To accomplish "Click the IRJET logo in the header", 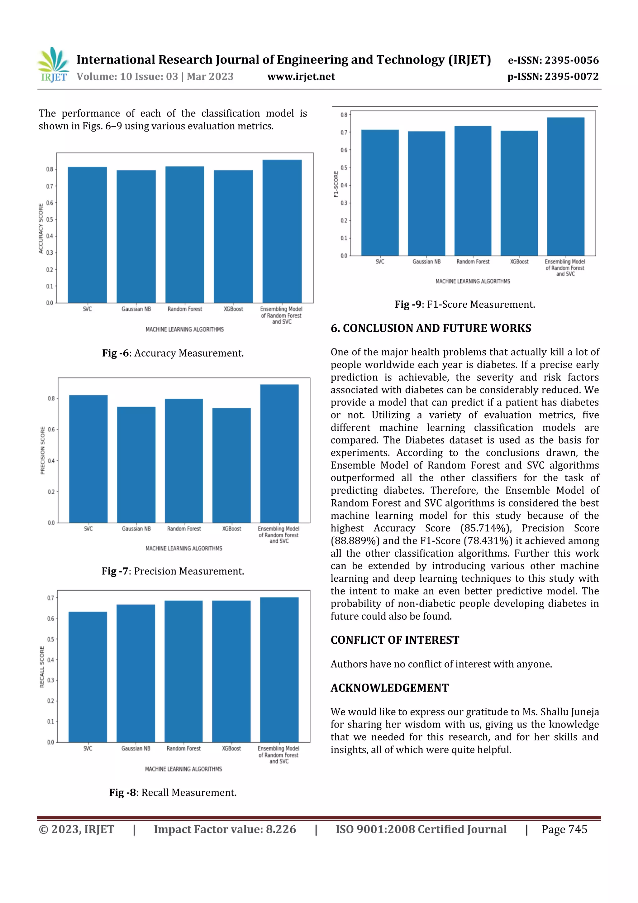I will click(53, 65).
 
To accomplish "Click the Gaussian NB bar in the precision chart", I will click(136, 464).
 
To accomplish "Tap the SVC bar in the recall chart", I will click(88, 676).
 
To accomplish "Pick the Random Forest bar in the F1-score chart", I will click(473, 191).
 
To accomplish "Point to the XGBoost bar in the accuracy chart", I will click(233, 236).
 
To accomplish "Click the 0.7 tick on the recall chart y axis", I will click(51, 598).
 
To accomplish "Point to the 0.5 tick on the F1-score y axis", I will click(344, 168).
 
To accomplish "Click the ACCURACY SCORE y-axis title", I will click(40, 228).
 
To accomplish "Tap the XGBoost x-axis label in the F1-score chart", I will click(519, 262).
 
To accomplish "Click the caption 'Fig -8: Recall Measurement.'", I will click(173, 792).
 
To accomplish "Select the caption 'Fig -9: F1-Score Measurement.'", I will click(465, 305).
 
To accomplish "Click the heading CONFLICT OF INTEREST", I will click(395, 640).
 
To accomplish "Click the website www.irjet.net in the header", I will click(301, 76).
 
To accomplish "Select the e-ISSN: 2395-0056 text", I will click(553, 60).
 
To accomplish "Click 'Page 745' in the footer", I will click(564, 829).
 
